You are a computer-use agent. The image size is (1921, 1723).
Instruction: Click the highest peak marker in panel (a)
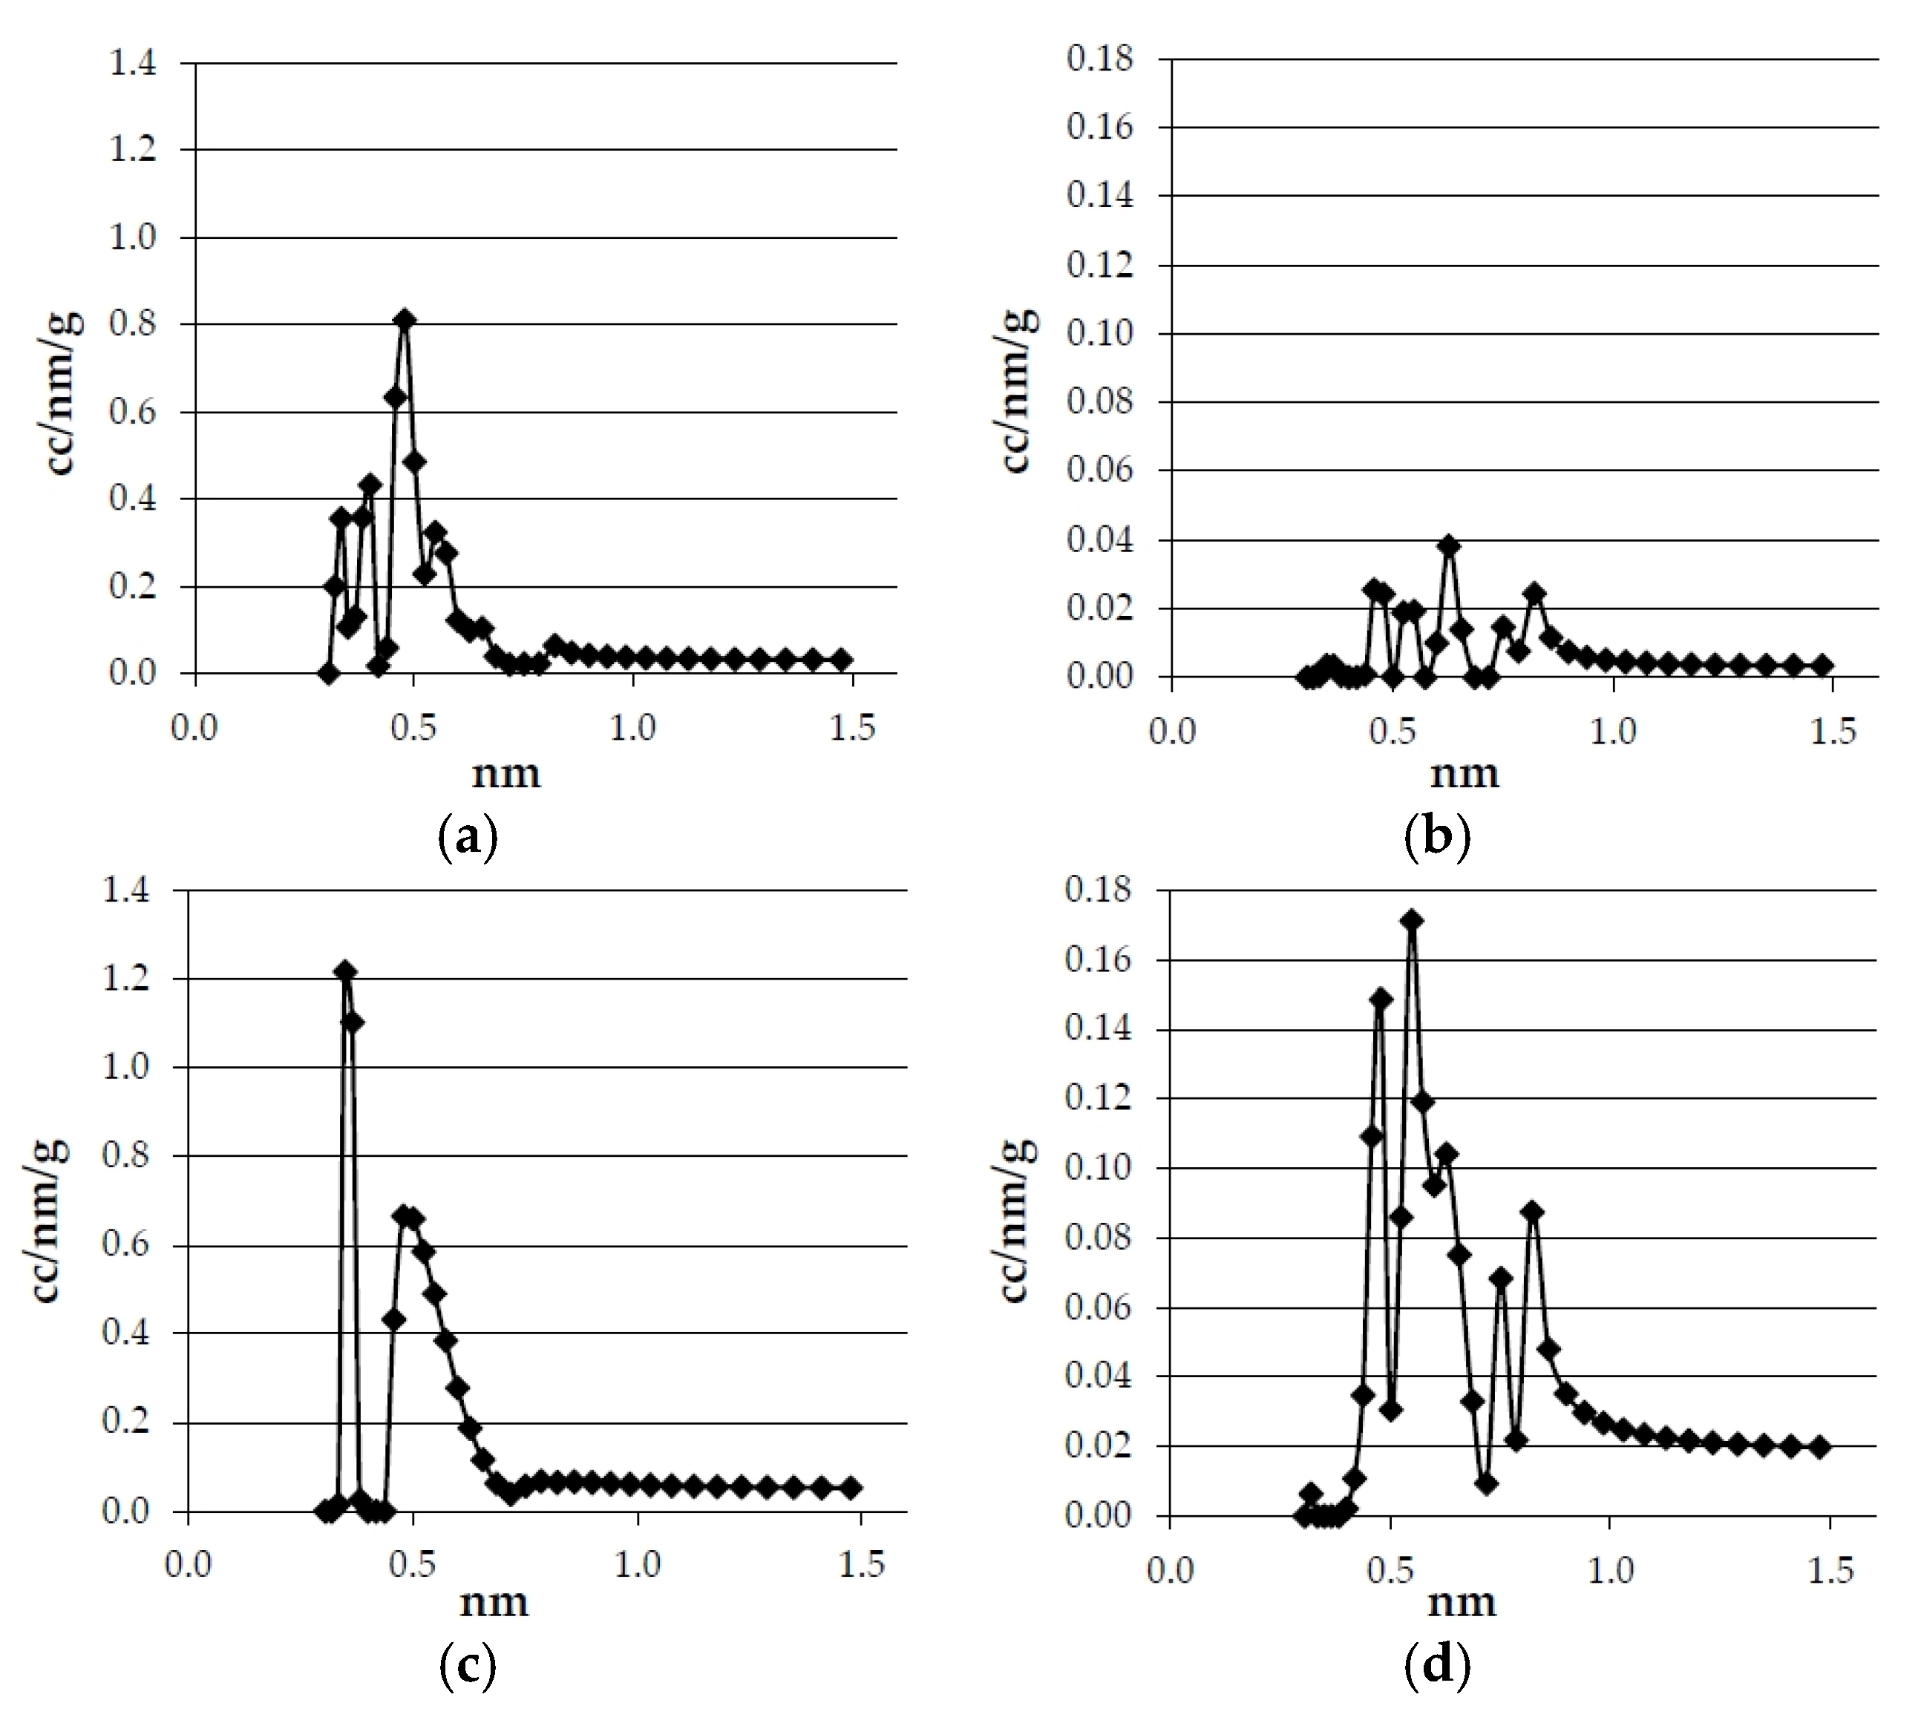coord(405,320)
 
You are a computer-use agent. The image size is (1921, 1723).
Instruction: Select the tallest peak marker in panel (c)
coord(346,971)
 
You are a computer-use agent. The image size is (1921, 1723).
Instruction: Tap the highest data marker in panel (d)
coord(1412,920)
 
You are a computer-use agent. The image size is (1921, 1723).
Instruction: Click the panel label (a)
coord(468,837)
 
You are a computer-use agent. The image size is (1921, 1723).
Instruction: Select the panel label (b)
coord(1437,837)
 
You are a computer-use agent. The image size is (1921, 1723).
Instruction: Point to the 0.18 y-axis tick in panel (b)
coord(1099,59)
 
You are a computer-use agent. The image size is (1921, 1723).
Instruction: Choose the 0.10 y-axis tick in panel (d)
coord(1099,1168)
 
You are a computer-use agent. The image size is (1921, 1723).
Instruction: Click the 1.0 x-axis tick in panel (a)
coord(632,728)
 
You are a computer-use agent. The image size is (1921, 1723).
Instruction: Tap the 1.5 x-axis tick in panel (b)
coord(1832,731)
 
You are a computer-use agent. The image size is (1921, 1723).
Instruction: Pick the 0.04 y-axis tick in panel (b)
coord(1099,540)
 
